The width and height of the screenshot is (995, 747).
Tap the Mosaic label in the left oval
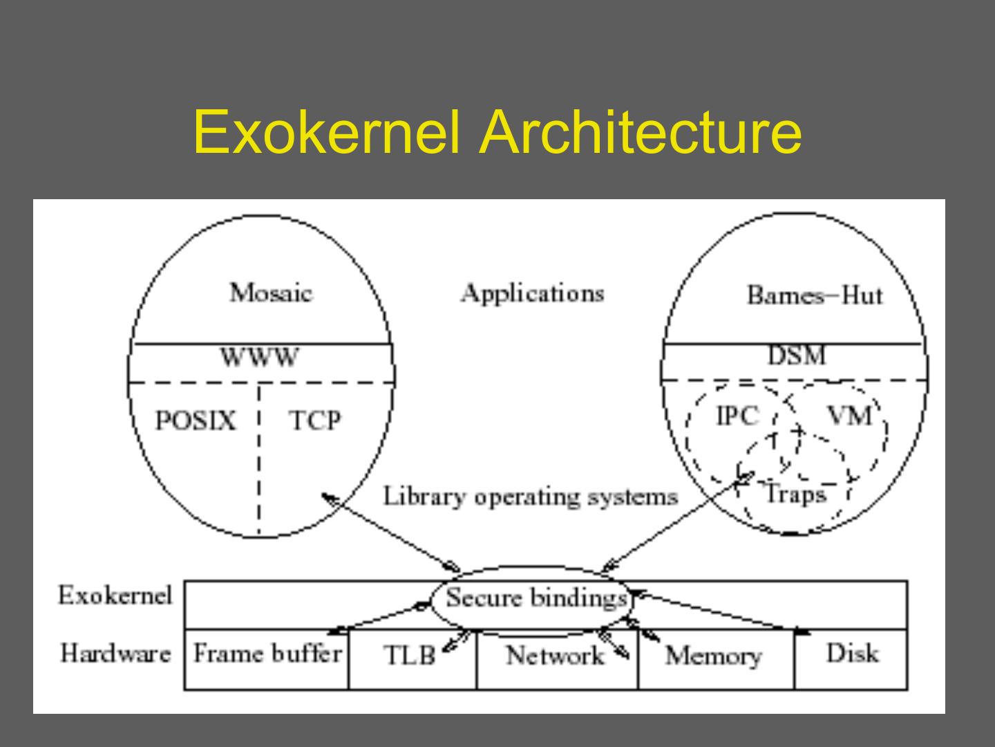pyautogui.click(x=271, y=293)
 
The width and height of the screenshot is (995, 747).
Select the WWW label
pyautogui.click(x=260, y=358)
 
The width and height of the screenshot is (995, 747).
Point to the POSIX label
pyautogui.click(x=195, y=421)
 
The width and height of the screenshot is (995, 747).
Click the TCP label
pyautogui.click(x=314, y=421)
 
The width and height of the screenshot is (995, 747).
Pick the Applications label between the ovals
pyautogui.click(x=532, y=294)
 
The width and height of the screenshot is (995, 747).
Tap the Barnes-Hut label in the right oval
pyautogui.click(x=814, y=296)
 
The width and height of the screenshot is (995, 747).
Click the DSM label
pyautogui.click(x=797, y=356)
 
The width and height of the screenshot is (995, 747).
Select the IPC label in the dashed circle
pyautogui.click(x=737, y=416)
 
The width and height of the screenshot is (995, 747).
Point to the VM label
pyautogui.click(x=849, y=416)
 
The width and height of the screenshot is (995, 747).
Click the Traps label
pyautogui.click(x=795, y=494)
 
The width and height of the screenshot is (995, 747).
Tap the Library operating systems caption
pyautogui.click(x=530, y=497)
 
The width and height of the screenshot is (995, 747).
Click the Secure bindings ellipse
pyautogui.click(x=536, y=598)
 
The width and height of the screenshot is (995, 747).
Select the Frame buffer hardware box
pyautogui.click(x=267, y=654)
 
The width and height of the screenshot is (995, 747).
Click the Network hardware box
pyautogui.click(x=555, y=656)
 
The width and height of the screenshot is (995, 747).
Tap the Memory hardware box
pyautogui.click(x=713, y=656)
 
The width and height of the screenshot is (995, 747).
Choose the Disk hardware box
pyautogui.click(x=852, y=654)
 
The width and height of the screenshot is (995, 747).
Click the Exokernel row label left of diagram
pyautogui.click(x=115, y=596)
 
